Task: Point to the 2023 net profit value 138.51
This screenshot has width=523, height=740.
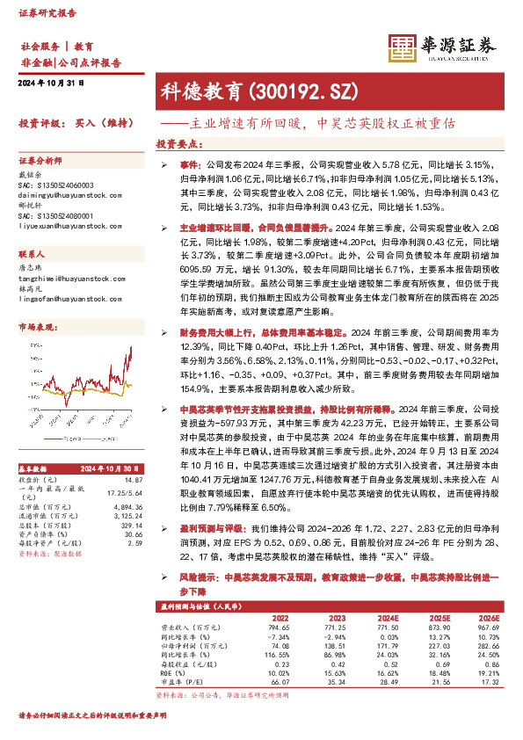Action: point(333,645)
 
